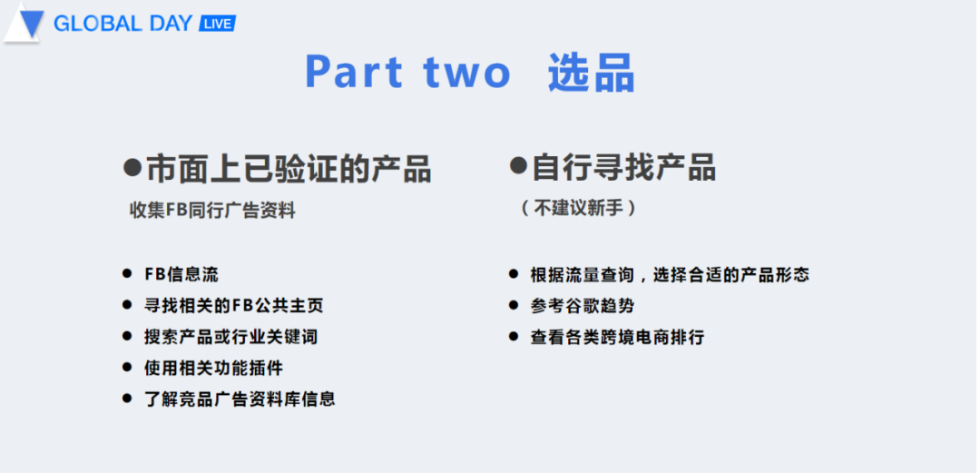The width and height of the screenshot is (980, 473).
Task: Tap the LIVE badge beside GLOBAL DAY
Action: [217, 24]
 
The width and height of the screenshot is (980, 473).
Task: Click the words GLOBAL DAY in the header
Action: [122, 24]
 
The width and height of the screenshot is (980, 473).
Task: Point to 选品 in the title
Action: [591, 73]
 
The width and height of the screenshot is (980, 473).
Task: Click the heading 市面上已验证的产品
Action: [288, 169]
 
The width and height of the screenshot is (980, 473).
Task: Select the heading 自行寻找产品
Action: [623, 167]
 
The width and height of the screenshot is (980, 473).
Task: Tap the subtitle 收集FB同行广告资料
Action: [212, 211]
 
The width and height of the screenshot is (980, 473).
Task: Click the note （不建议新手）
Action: [579, 208]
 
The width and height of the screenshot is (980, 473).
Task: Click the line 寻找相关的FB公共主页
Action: [233, 305]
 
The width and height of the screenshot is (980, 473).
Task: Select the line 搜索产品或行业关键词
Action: [230, 337]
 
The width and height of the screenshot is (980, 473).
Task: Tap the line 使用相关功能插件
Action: [213, 368]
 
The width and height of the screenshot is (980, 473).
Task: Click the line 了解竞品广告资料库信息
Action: [240, 399]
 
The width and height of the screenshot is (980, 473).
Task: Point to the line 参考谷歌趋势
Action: [582, 306]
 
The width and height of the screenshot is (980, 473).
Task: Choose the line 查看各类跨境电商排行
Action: [617, 337]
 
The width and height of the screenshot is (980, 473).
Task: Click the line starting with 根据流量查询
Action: [670, 274]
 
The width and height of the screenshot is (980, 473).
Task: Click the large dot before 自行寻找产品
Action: [518, 166]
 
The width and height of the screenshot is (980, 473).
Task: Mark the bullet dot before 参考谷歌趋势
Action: [514, 306]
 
